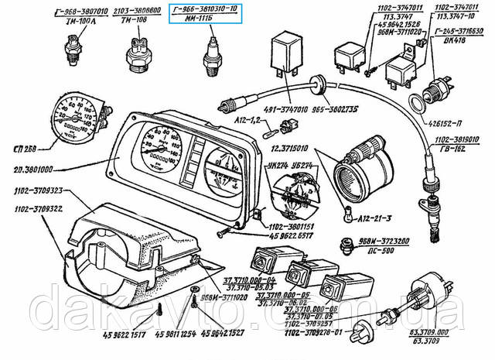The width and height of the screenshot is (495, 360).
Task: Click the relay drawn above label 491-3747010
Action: coord(280,53)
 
